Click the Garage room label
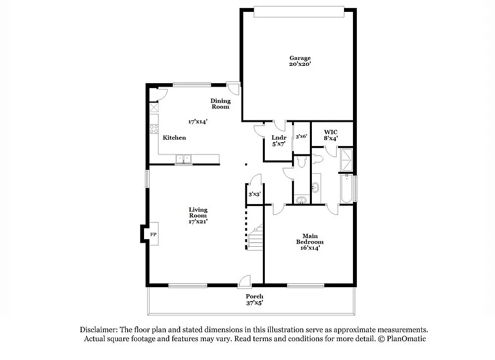(x=300, y=58)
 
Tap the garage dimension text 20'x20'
(x=300, y=64)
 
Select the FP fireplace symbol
(x=153, y=234)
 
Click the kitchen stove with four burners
(x=154, y=129)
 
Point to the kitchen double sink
(x=184, y=159)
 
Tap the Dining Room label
(x=220, y=103)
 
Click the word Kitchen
(x=174, y=138)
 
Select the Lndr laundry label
(x=279, y=138)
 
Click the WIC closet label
(x=331, y=132)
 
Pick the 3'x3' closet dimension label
(x=254, y=194)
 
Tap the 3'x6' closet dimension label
(x=301, y=136)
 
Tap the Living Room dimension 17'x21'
(x=198, y=221)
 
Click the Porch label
(x=254, y=297)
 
